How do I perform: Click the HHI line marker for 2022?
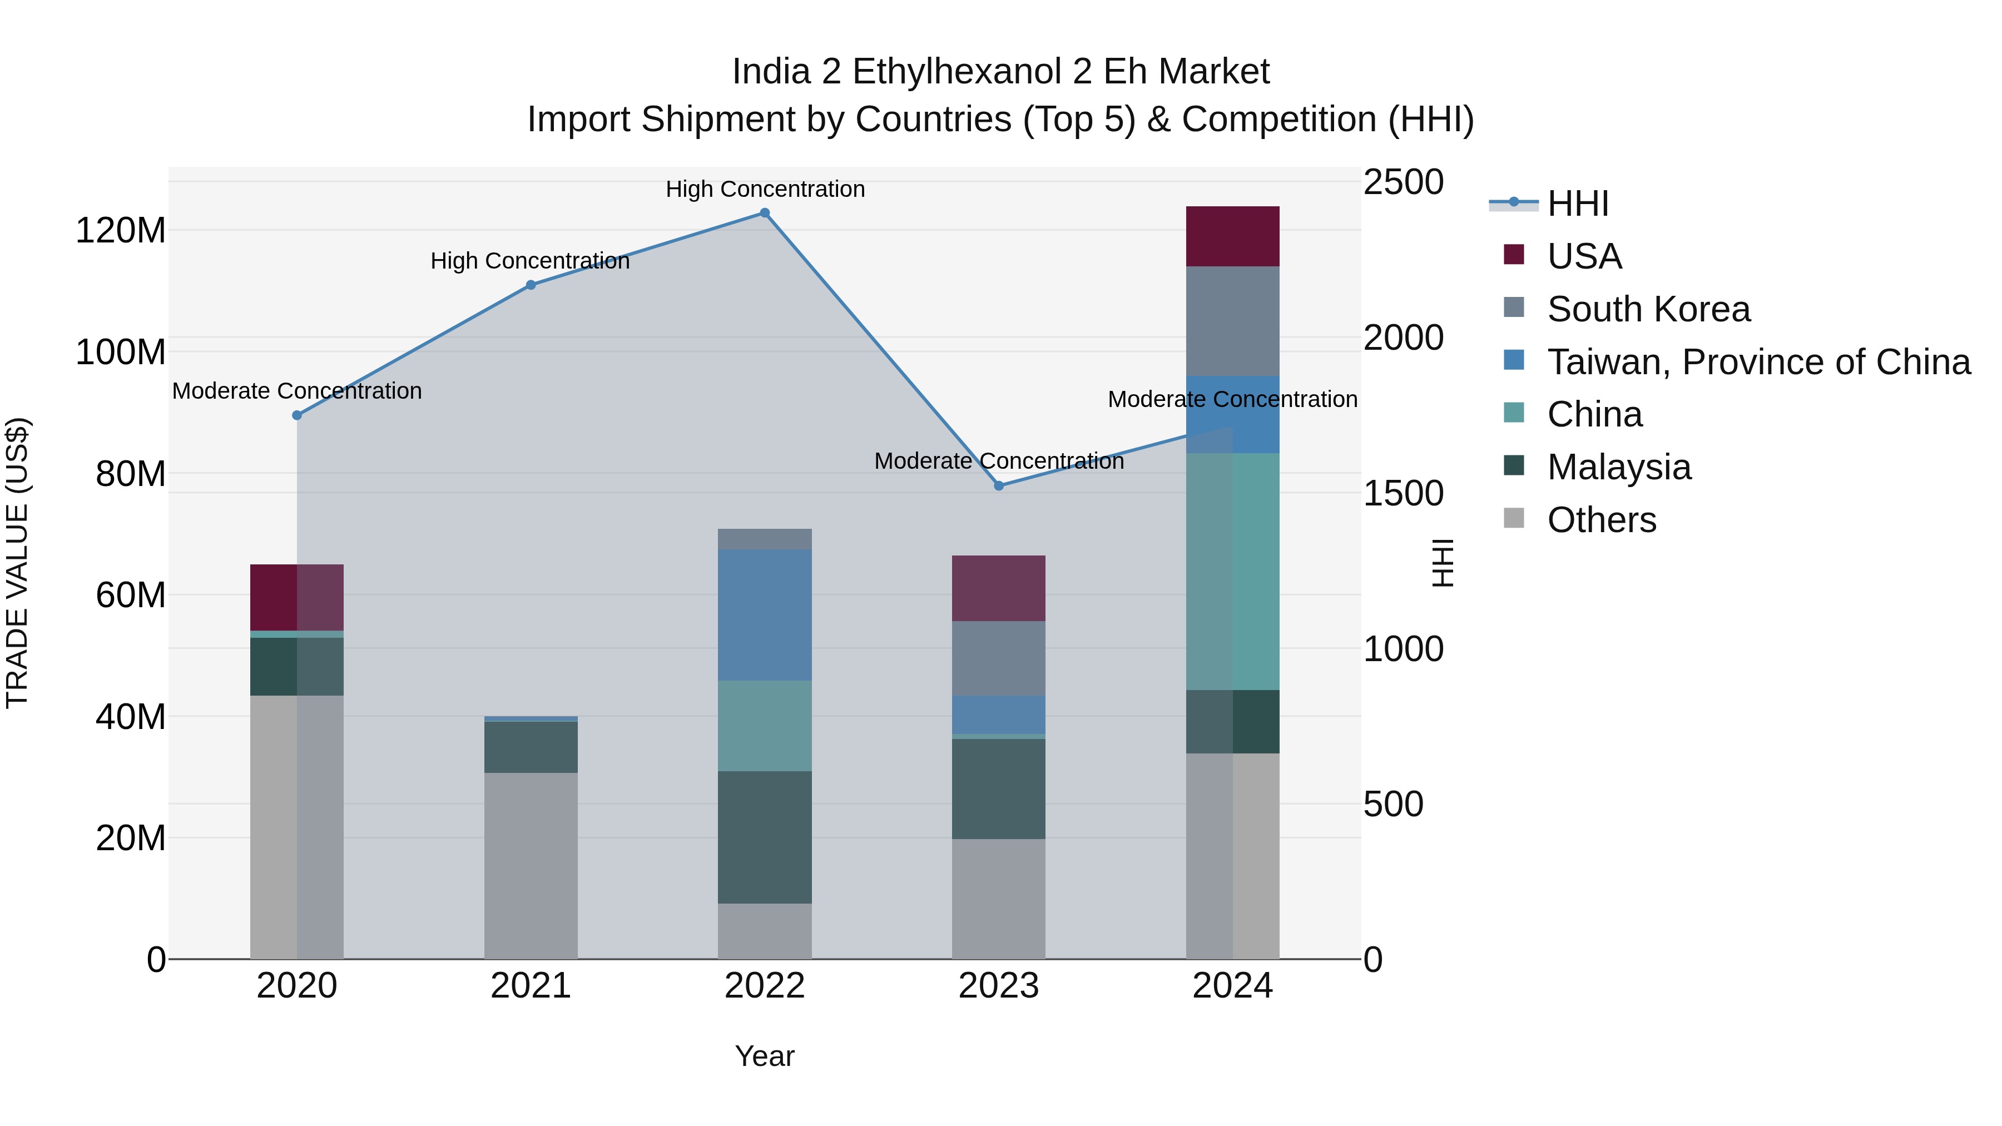click(765, 213)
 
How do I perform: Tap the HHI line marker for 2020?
click(297, 416)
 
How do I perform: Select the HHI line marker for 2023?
click(999, 485)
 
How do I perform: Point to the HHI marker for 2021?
click(531, 285)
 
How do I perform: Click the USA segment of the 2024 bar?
click(1232, 236)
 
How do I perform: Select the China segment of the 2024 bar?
click(1232, 571)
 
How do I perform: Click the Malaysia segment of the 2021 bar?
click(531, 747)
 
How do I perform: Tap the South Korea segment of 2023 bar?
click(999, 658)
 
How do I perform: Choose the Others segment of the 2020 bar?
click(297, 827)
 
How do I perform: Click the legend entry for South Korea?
click(1648, 309)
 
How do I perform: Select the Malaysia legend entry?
click(1618, 467)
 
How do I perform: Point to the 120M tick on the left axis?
click(121, 231)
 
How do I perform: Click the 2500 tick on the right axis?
click(1404, 182)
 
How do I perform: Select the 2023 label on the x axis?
click(999, 986)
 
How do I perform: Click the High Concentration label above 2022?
click(765, 189)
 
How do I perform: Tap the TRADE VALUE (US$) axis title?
click(17, 563)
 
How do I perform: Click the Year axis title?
click(765, 1056)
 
